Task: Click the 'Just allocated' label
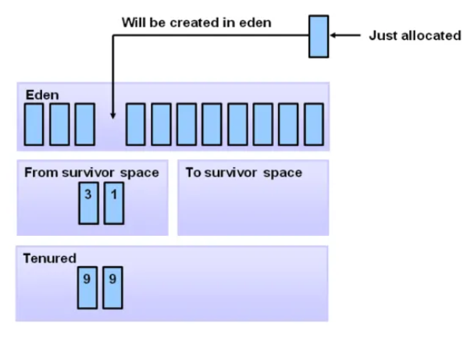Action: coord(415,36)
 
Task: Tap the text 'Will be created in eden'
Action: coord(196,22)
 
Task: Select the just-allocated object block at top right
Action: coord(318,36)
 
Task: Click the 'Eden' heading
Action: coord(42,95)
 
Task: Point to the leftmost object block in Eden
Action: coord(34,124)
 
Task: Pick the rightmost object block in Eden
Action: coord(314,124)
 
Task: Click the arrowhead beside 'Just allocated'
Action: coord(334,36)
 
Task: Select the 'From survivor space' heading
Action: coord(91,173)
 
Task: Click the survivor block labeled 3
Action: coord(88,203)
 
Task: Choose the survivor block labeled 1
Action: coord(113,203)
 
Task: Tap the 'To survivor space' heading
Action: coord(244,173)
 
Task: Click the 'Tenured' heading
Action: coord(50,258)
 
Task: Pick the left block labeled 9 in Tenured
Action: coord(87,287)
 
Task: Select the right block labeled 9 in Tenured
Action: coord(112,287)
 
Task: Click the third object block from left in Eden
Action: coord(84,124)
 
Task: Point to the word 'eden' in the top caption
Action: coord(256,22)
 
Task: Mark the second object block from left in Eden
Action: coord(59,124)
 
